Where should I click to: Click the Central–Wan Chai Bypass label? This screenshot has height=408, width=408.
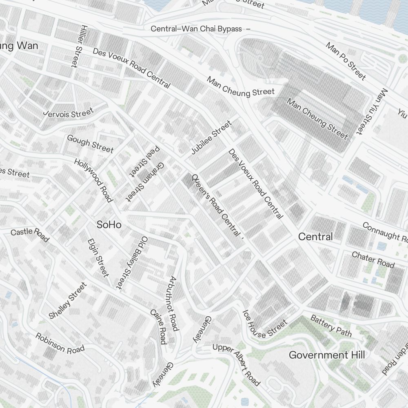[x=197, y=29]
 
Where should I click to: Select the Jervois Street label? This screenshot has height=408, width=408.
[x=69, y=113]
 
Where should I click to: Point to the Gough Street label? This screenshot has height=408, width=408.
[x=90, y=144]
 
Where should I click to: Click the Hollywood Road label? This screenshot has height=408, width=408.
[x=93, y=180]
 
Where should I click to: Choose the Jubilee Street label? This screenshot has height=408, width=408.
[x=211, y=137]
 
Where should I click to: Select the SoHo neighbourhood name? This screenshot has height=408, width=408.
[x=109, y=224]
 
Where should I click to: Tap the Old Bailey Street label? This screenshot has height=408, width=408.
[x=132, y=263]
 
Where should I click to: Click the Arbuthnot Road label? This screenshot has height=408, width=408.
[x=173, y=304]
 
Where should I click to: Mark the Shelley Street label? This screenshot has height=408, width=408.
[x=68, y=300]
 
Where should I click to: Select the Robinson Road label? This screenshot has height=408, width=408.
[x=60, y=343]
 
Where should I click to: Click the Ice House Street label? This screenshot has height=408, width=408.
[x=265, y=325]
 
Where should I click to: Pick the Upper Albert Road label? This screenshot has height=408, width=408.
[x=236, y=364]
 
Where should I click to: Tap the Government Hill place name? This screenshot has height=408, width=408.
[x=326, y=355]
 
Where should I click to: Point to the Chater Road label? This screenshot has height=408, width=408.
[x=373, y=260]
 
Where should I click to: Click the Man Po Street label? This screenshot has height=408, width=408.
[x=345, y=61]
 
